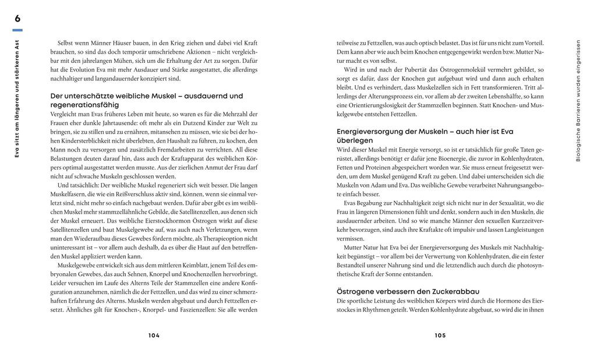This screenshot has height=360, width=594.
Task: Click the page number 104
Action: click(154, 336)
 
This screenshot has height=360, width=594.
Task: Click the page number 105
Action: click(440, 336)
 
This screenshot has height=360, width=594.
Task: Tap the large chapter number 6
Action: click(17, 19)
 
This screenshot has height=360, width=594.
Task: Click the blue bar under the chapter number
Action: click(17, 30)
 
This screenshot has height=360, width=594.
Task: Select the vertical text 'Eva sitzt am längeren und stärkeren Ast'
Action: click(17, 98)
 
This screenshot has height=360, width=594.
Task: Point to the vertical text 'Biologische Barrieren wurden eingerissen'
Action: click(578, 100)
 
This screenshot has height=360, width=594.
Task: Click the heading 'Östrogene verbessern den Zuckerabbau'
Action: click(408, 291)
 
